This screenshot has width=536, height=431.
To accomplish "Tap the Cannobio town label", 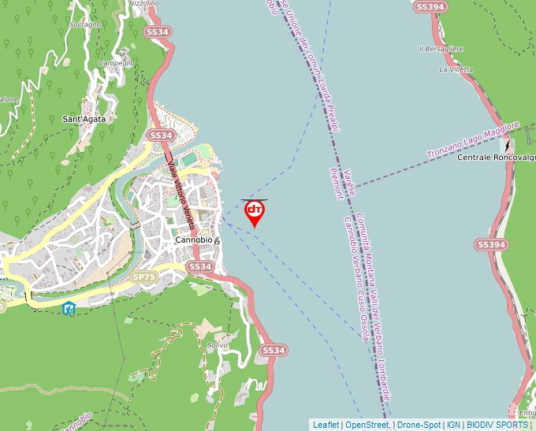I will pyautogui.click(x=193, y=239).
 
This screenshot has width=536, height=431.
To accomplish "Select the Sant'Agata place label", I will pyautogui.click(x=84, y=119).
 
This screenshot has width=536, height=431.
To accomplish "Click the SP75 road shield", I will pyautogui.click(x=143, y=277).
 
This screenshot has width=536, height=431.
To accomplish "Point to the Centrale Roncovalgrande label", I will pyautogui.click(x=495, y=158).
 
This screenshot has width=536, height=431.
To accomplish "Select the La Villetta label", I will pyautogui.click(x=456, y=69).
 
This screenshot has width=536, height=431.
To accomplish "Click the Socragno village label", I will pyautogui.click(x=85, y=24).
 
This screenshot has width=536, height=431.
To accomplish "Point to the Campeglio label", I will pyautogui.click(x=117, y=62).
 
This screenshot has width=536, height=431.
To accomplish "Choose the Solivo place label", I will pyautogui.click(x=217, y=345).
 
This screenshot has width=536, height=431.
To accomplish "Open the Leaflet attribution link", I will pyautogui.click(x=326, y=425).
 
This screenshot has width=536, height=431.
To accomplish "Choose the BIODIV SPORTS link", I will pyautogui.click(x=497, y=425).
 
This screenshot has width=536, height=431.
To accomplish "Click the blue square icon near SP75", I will pyautogui.click(x=69, y=309).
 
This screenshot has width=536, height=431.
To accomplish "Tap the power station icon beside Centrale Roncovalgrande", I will pyautogui.click(x=508, y=146).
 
